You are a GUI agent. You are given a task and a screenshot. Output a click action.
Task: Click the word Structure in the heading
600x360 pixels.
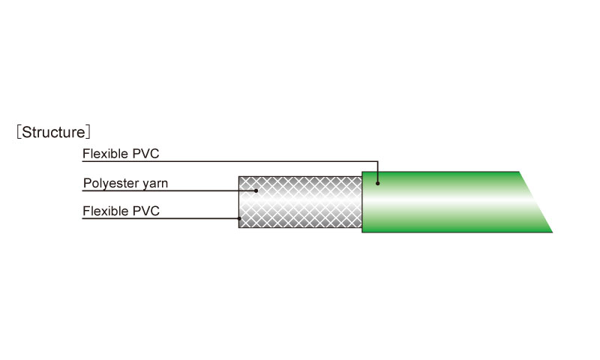tap(53, 132)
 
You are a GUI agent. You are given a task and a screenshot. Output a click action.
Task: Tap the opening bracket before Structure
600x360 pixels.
tap(18, 132)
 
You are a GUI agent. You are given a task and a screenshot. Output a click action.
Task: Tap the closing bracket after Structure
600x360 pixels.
tap(88, 132)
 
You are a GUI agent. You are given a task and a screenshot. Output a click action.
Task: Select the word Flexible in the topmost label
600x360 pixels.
tap(105, 154)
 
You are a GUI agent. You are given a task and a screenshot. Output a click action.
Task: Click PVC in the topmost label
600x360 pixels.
tap(145, 154)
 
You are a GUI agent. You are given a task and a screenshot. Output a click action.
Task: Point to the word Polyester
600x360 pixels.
tap(110, 183)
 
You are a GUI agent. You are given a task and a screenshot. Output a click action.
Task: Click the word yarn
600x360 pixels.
tap(155, 184)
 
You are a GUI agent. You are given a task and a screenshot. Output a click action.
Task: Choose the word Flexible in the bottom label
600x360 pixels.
tap(106, 211)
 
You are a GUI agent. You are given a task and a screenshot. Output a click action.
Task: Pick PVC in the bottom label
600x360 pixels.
tap(146, 211)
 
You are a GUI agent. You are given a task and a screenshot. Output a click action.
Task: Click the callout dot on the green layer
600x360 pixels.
tap(378, 184)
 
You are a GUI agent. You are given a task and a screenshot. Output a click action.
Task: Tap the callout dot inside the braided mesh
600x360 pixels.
tap(256, 190)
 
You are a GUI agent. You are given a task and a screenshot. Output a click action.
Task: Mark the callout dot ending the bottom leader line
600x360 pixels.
tap(239, 219)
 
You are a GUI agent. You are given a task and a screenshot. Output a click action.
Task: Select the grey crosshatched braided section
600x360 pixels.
tap(301, 202)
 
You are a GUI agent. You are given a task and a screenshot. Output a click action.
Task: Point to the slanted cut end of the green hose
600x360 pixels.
tap(535, 202)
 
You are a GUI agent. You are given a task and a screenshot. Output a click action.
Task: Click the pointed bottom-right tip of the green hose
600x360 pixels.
tap(552, 232)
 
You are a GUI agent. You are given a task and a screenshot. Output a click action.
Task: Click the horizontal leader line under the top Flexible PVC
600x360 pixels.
tap(230, 161)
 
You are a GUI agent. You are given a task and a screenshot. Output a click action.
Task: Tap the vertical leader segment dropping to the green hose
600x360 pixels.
tap(378, 172)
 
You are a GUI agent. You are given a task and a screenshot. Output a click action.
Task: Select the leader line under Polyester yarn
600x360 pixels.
tap(169, 190)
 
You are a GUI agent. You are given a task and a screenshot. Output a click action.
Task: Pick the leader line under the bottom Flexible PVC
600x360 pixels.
tap(160, 219)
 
